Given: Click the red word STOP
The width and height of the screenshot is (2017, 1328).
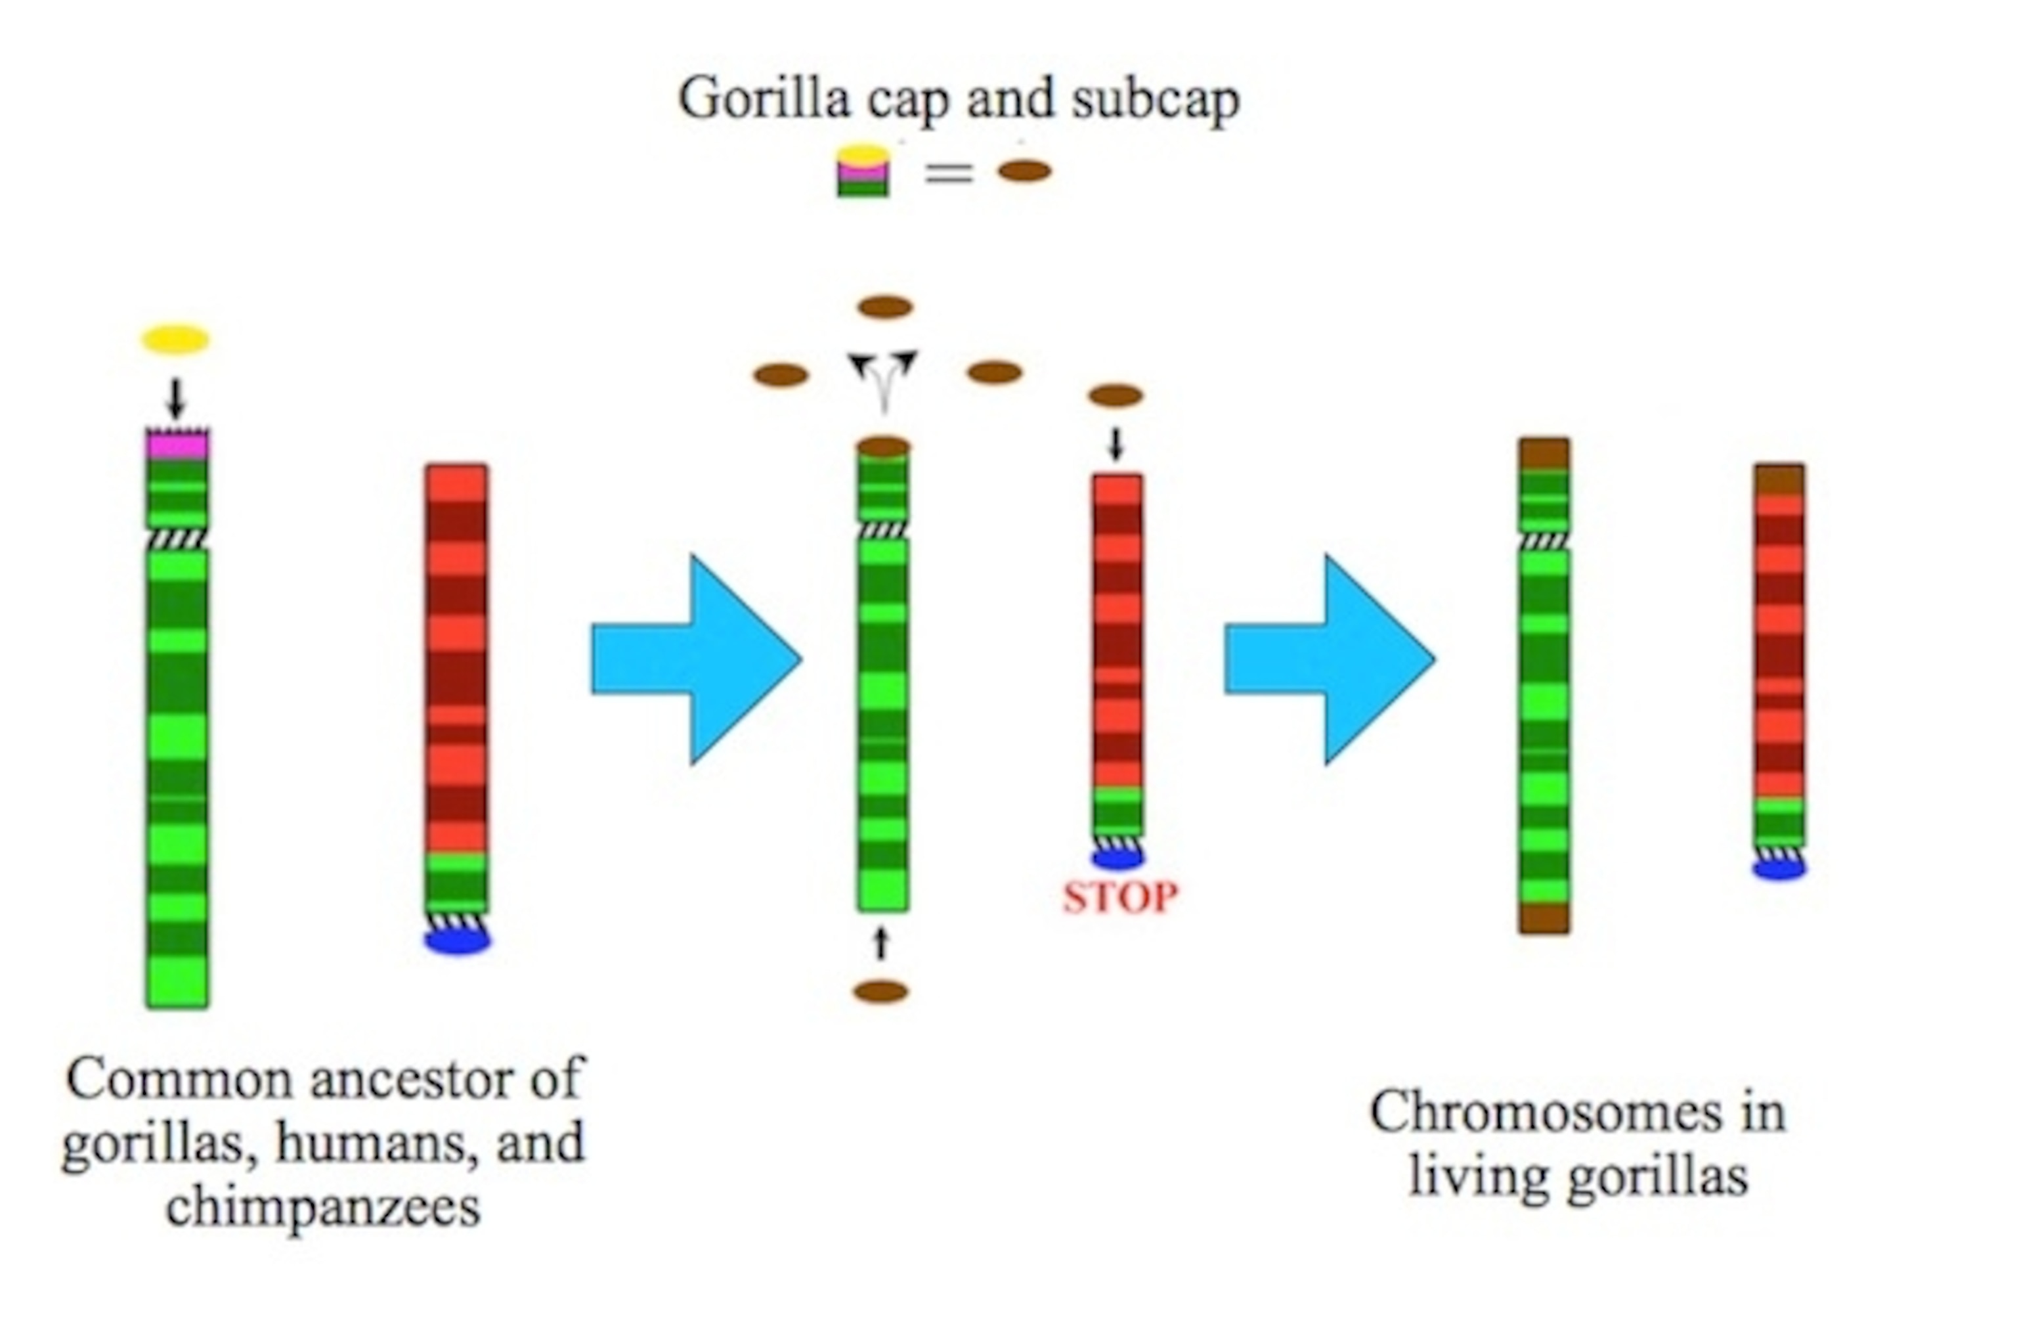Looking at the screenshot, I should [1120, 897].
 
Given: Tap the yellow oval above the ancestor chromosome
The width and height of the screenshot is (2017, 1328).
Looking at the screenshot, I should [175, 340].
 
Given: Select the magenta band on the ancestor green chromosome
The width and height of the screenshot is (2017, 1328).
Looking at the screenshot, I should [177, 444].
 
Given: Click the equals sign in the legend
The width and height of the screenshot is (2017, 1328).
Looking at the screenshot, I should [948, 173].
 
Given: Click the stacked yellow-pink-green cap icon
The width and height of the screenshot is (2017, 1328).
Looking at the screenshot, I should [863, 172].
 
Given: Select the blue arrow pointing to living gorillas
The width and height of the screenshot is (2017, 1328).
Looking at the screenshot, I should [1329, 659].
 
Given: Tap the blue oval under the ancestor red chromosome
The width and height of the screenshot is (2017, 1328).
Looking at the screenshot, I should [458, 940].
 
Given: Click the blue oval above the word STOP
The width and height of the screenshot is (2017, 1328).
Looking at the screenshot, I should [1118, 858].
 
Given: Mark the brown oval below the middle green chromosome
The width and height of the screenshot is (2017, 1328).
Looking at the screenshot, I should [881, 992].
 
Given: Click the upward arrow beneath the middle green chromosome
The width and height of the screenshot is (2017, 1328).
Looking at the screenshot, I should [881, 942].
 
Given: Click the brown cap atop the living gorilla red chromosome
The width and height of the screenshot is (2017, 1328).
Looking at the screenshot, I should [1779, 479].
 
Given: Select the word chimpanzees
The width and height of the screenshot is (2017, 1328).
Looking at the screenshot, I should [323, 1206].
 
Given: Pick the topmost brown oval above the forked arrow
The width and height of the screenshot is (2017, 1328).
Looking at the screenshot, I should [885, 307].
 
